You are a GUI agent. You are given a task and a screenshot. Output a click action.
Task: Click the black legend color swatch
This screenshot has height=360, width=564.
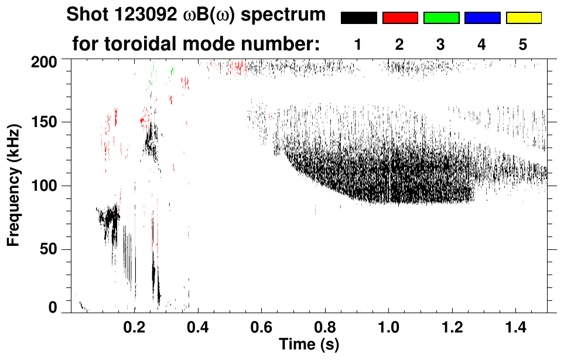click(359, 18)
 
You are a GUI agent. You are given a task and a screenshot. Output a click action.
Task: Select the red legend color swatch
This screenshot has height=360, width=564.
click(400, 18)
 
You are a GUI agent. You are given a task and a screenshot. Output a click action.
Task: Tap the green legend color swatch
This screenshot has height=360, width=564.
click(441, 18)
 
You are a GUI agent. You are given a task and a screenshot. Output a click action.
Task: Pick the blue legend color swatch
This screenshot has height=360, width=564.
click(482, 18)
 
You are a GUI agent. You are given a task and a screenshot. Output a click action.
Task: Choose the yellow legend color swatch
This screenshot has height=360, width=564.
click(523, 18)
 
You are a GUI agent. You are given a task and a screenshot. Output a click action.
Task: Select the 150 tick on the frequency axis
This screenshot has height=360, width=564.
click(45, 122)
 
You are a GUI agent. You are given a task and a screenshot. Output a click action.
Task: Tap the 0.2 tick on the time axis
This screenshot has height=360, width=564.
click(134, 325)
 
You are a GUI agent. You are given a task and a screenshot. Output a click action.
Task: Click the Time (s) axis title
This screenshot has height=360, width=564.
click(308, 344)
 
